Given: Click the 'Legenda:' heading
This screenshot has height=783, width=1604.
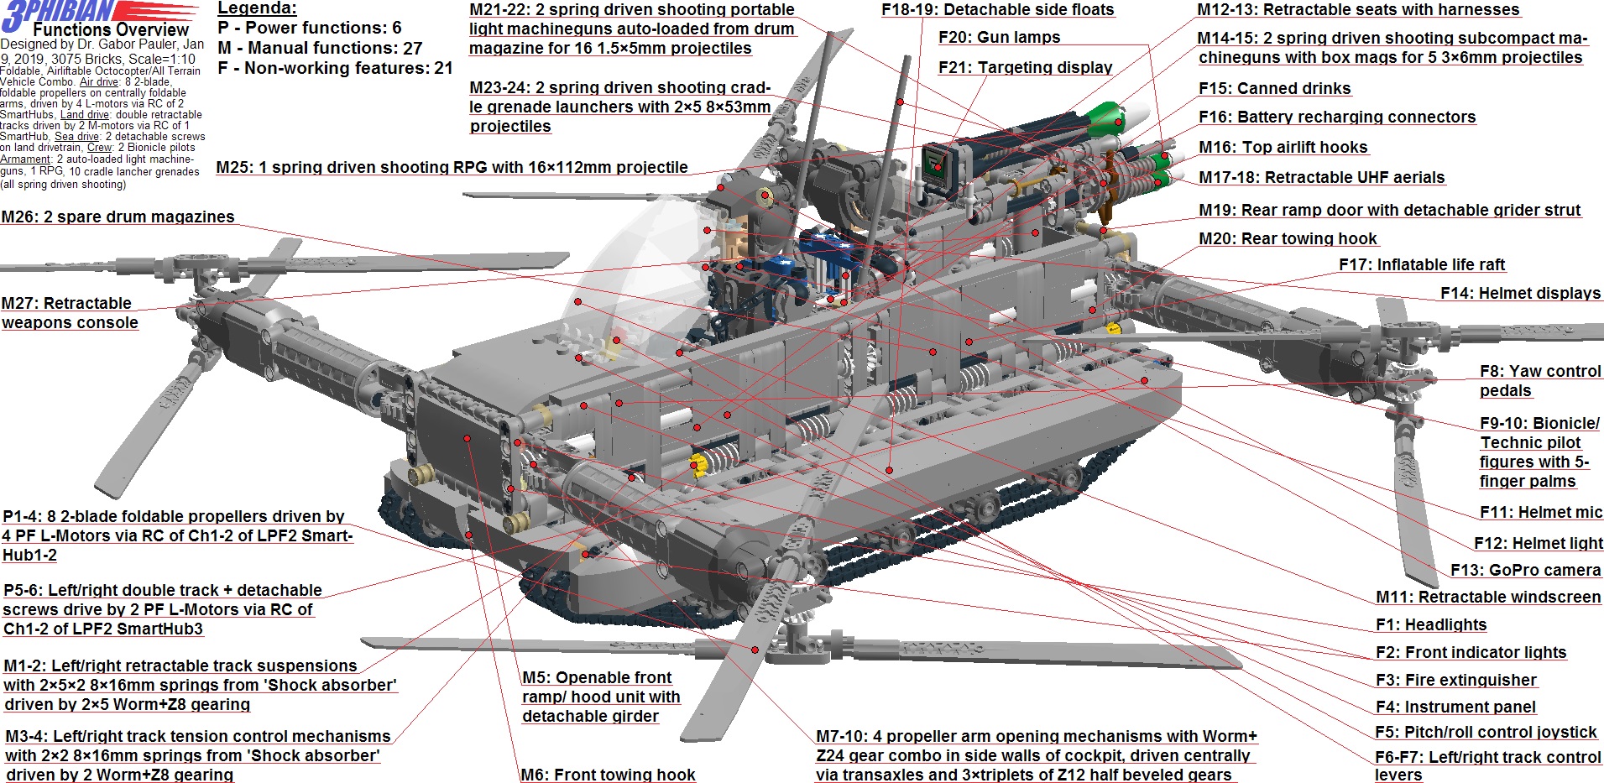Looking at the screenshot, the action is (x=257, y=8).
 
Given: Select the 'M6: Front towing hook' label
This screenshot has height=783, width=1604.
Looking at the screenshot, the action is (x=608, y=775).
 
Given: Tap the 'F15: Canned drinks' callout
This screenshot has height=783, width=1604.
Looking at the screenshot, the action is (x=1274, y=89).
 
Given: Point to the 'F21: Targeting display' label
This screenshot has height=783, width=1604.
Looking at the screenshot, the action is (x=1025, y=68).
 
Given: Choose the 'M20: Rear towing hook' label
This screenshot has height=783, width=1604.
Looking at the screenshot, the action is (x=1288, y=239).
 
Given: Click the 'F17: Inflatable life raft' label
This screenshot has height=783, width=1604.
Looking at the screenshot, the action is (x=1422, y=265).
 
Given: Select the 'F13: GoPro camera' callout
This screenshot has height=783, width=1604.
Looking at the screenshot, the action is (x=1525, y=571).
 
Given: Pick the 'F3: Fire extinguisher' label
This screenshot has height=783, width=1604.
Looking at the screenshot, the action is (x=1455, y=681).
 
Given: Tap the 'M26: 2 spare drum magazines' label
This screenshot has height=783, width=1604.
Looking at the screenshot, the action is (x=118, y=217).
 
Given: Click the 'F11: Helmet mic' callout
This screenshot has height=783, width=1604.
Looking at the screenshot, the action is (x=1541, y=513).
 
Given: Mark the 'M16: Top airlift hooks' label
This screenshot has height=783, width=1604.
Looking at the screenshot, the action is (x=1283, y=148).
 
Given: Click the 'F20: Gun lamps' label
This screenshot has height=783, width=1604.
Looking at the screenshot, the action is (x=999, y=38).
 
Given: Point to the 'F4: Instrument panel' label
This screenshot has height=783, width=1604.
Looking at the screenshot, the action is (x=1455, y=707).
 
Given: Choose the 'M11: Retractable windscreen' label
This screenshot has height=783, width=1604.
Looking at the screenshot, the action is (x=1488, y=598).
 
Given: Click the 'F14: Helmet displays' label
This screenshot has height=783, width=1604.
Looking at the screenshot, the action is (x=1520, y=294).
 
